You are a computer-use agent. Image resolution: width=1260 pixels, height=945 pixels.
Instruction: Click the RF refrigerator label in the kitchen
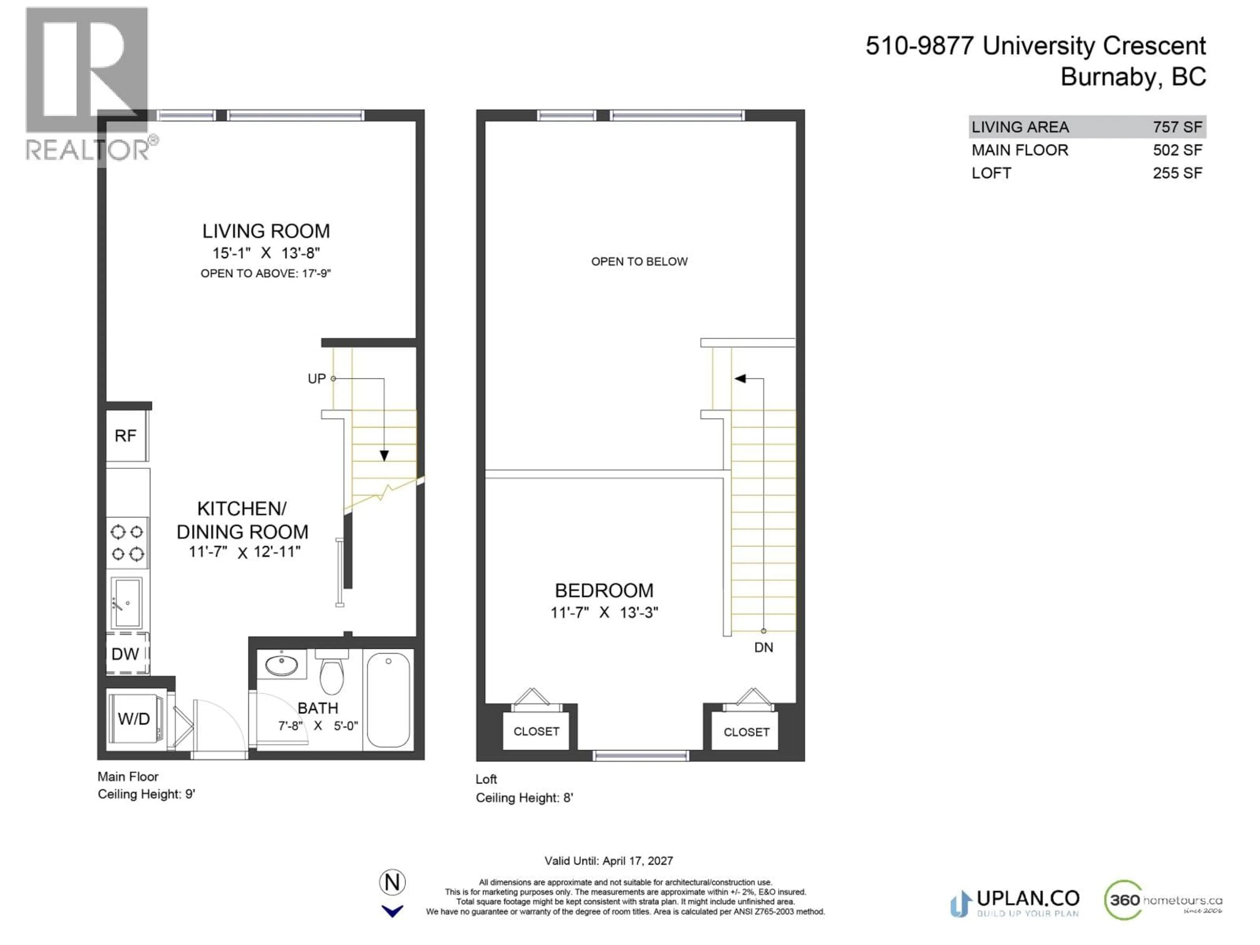pyautogui.click(x=125, y=436)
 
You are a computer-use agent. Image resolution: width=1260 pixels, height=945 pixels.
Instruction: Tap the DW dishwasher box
pyautogui.click(x=125, y=654)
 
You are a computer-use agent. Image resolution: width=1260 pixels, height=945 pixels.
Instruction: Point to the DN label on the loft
pyautogui.click(x=763, y=648)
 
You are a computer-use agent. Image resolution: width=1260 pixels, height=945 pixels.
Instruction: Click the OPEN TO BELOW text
pyautogui.click(x=639, y=262)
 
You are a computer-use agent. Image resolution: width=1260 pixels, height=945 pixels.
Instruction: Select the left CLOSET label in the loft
pyautogui.click(x=536, y=731)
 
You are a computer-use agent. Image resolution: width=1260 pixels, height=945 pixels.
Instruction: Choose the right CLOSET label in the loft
pyautogui.click(x=746, y=732)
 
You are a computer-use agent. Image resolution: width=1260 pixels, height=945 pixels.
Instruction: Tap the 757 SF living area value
pyautogui.click(x=1177, y=127)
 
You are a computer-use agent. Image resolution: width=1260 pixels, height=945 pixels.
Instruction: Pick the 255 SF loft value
pyautogui.click(x=1177, y=173)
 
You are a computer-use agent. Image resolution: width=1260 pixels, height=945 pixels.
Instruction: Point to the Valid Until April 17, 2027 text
pyautogui.click(x=608, y=861)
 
